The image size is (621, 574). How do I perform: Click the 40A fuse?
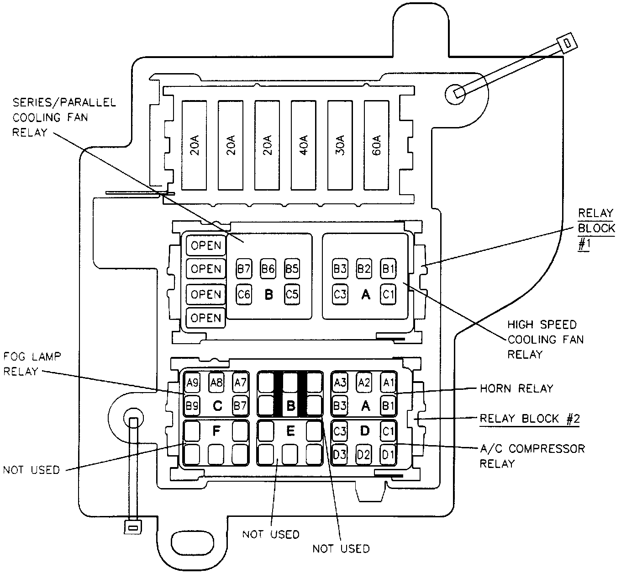click(303, 145)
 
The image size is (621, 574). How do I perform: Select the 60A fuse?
click(376, 145)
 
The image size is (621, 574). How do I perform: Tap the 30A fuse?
click(340, 145)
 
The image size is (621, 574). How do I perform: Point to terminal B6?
click(268, 269)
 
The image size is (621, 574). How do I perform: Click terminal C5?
click(292, 294)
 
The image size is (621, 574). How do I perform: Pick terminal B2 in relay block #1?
click(364, 269)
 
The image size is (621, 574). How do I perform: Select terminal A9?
click(192, 383)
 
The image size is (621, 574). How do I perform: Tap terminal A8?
click(216, 382)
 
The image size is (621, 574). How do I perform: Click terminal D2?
click(363, 454)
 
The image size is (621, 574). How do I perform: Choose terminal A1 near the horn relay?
click(389, 382)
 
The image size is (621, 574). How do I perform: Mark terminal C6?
click(244, 294)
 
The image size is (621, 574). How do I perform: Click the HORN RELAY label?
click(516, 388)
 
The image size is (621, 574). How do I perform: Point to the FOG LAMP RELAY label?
click(32, 364)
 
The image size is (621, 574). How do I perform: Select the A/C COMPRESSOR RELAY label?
click(532, 456)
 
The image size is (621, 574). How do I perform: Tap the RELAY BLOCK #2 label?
click(530, 419)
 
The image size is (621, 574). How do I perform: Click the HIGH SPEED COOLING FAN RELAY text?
click(545, 340)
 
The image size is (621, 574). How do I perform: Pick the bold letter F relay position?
click(216, 431)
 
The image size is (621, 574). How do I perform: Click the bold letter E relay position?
click(290, 431)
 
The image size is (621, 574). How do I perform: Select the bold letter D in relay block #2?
click(364, 430)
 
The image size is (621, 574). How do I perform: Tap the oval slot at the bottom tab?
click(193, 542)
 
